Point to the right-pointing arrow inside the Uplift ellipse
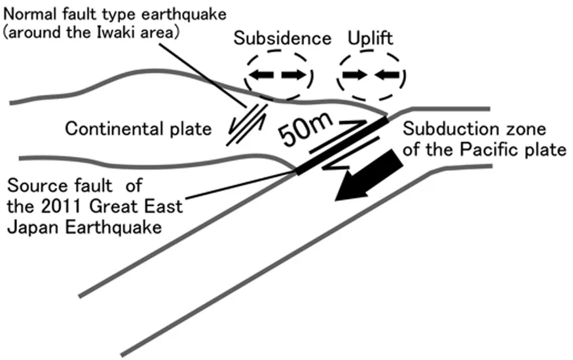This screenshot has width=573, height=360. tap(356, 75)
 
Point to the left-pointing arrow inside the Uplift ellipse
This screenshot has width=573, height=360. tap(387, 75)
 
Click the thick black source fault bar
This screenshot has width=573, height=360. tap(341, 146)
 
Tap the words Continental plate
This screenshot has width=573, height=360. tap(138, 129)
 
